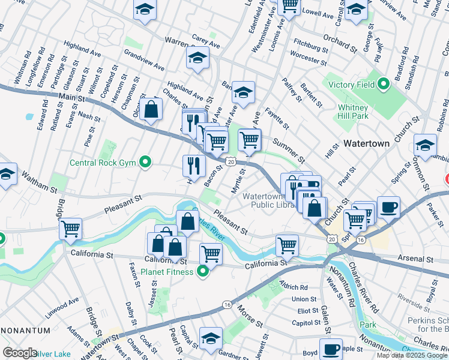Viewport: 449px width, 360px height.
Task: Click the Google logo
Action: point(20,353)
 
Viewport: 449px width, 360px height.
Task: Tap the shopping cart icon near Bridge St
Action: point(71,229)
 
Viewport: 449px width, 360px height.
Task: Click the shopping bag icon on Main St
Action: point(152,109)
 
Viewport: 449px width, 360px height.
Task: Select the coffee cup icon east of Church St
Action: point(388,206)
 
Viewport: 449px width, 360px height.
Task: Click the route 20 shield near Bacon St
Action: point(231,161)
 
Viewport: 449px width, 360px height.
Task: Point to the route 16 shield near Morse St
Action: point(226,305)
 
